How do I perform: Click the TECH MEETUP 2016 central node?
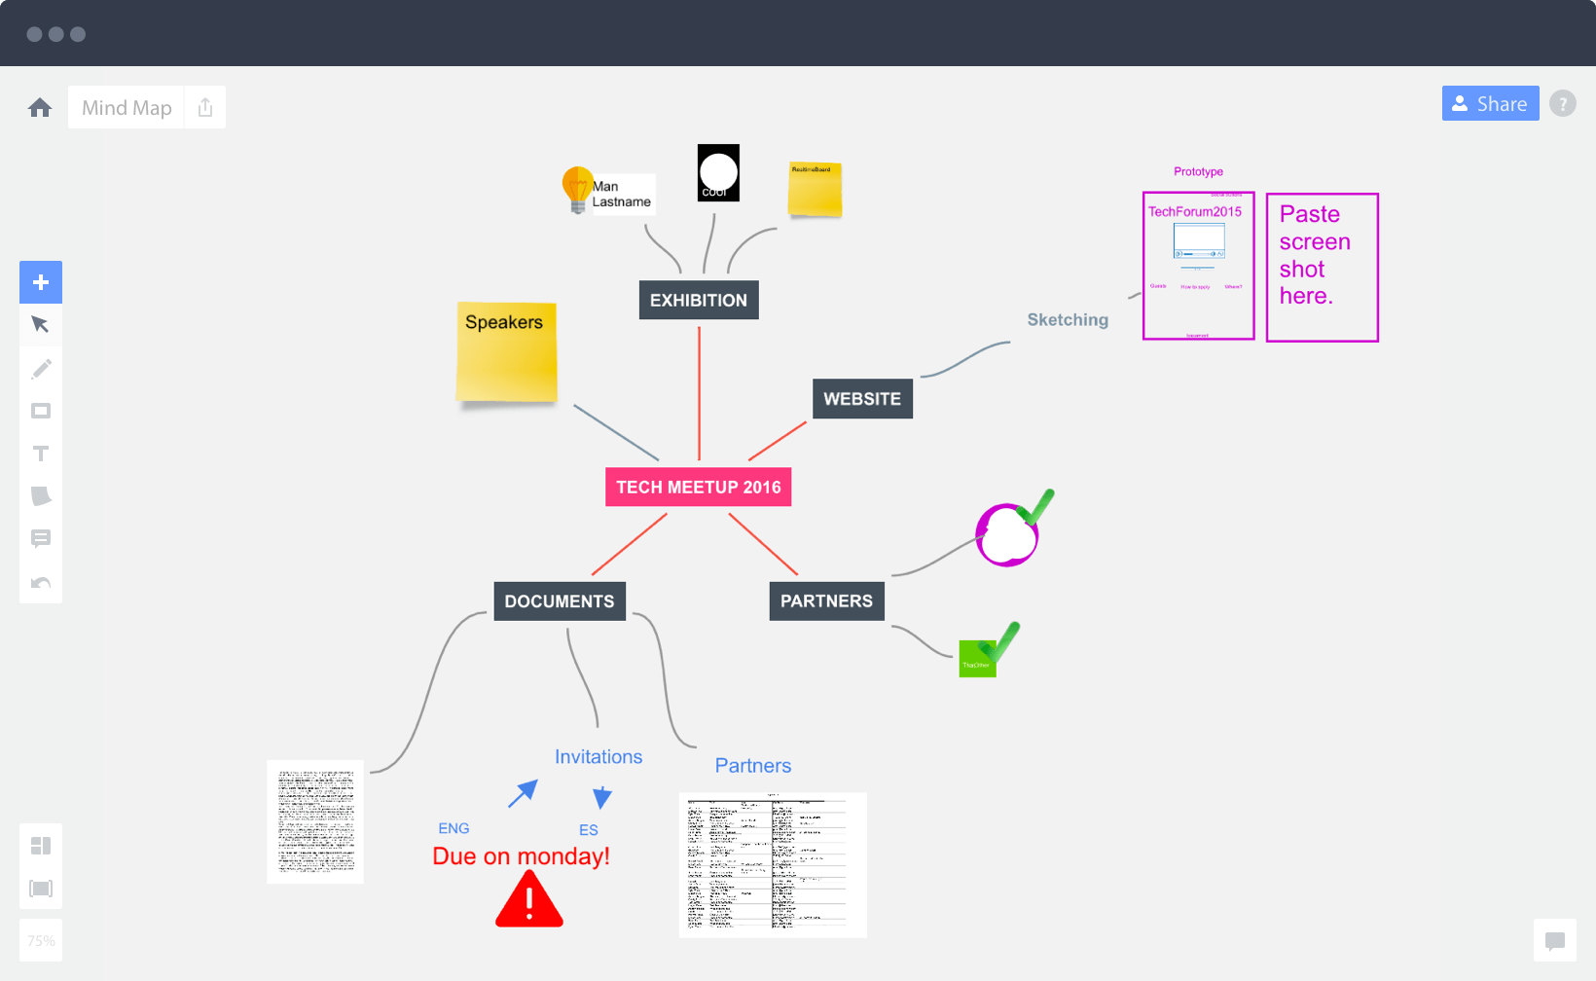coord(698,487)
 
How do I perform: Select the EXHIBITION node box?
coord(698,300)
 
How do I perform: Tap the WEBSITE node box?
coord(862,399)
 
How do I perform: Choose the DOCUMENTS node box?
coord(559,601)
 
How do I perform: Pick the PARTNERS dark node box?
coord(826,601)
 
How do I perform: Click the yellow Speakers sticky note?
coord(506,352)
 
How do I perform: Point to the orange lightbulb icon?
coord(577,188)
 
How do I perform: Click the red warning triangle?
coord(528,902)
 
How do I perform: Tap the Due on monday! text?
coord(521,856)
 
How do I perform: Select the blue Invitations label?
coord(598,757)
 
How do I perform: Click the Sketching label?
coord(1068,320)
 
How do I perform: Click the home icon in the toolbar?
coord(40,107)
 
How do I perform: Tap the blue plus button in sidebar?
coord(41,282)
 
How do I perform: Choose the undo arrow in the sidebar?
coord(41,583)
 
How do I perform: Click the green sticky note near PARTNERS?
coord(976,660)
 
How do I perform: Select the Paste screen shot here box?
coord(1322,268)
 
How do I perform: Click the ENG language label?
coord(453,828)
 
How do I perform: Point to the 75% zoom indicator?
coord(41,940)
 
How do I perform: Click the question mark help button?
coord(1562,103)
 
